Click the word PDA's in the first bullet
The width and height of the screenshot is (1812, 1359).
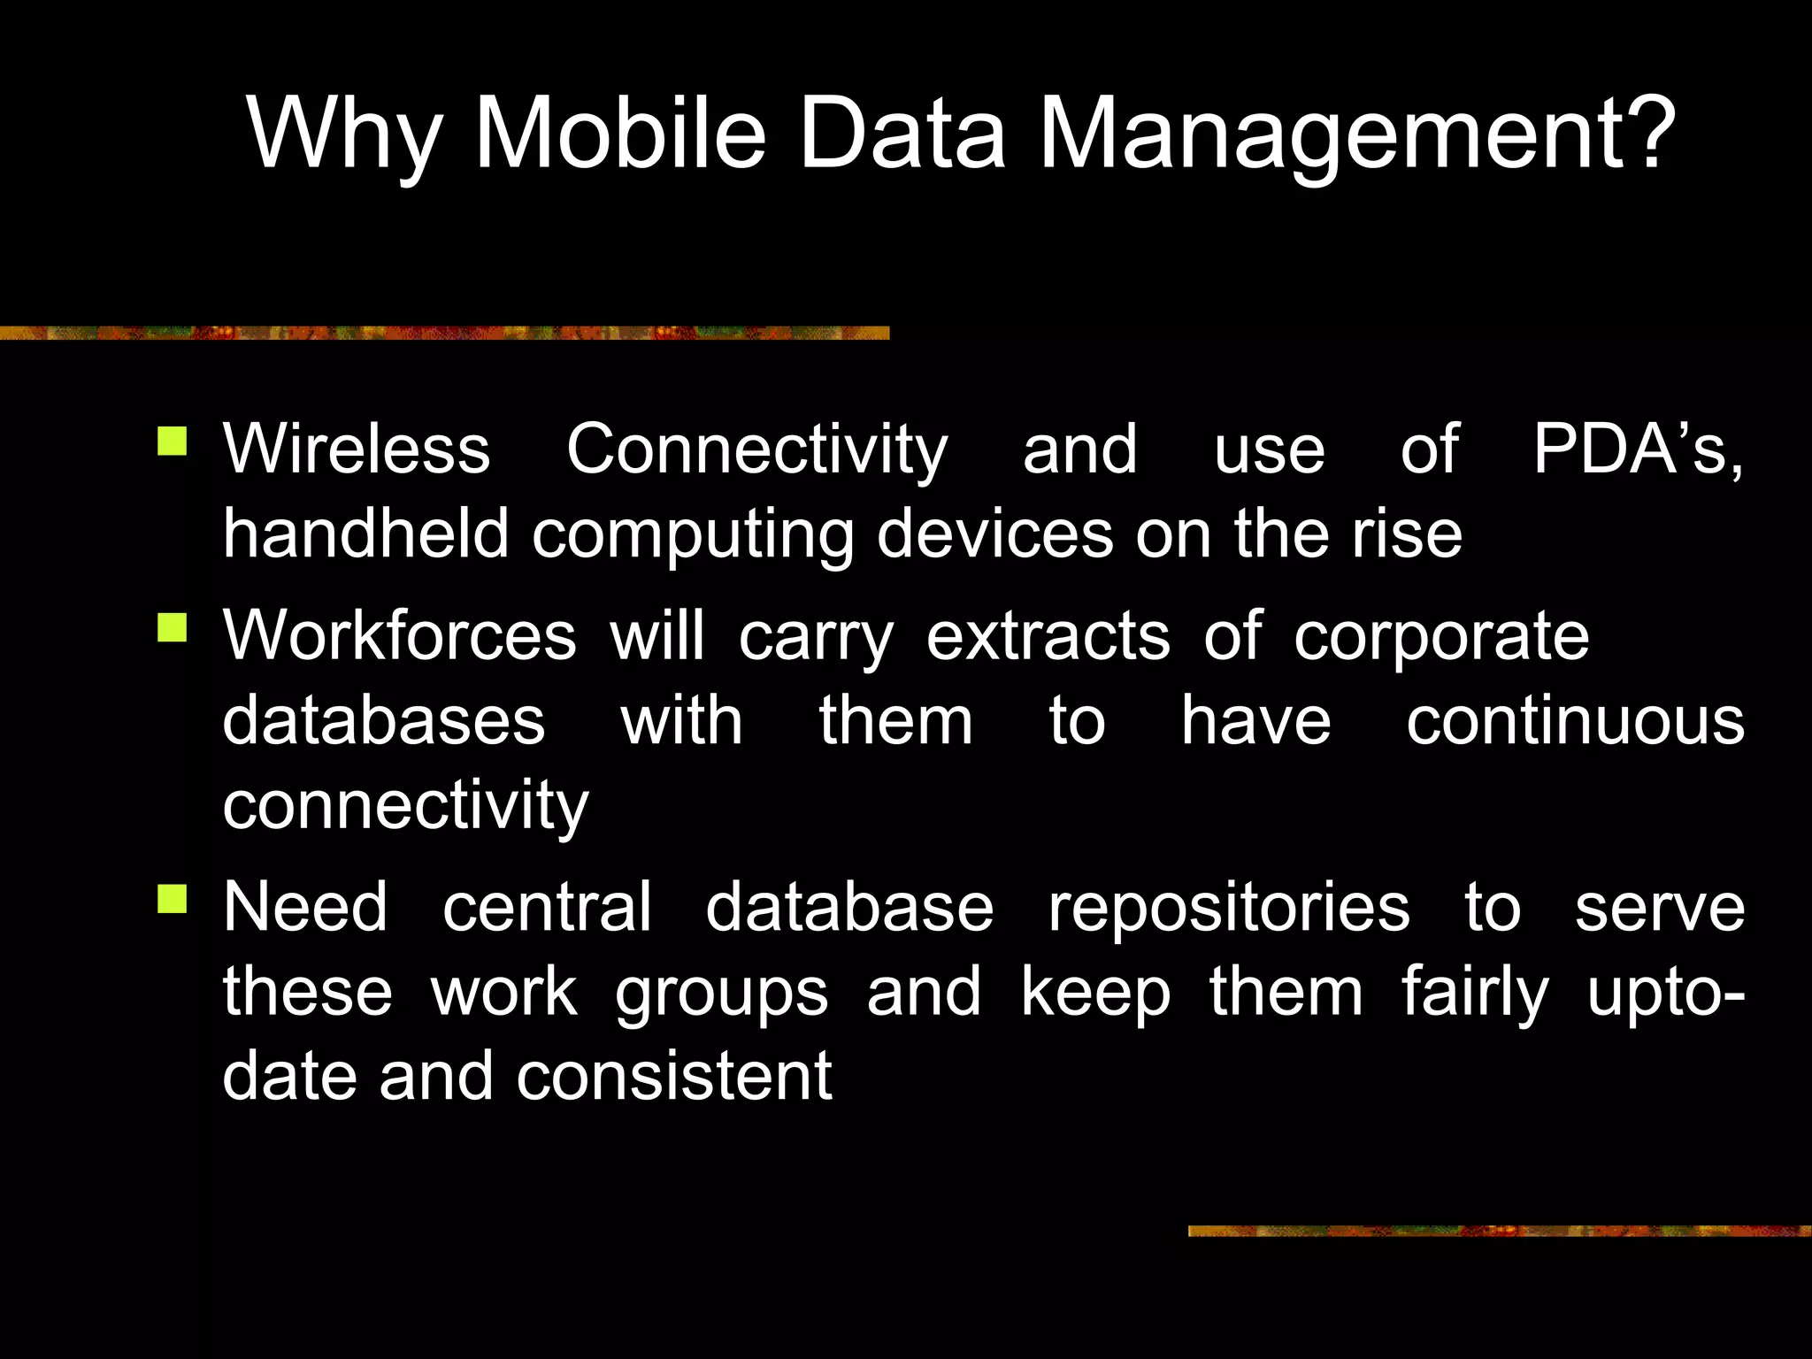[1637, 449]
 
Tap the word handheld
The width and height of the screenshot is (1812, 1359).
[365, 534]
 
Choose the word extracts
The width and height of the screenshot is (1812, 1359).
[1048, 635]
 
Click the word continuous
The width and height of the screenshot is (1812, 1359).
[1575, 720]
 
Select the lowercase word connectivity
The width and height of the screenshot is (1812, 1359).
[405, 807]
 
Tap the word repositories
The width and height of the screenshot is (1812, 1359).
[1228, 908]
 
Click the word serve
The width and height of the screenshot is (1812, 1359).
[1659, 908]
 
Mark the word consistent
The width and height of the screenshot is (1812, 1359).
[673, 1076]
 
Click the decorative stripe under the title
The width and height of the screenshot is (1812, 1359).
[442, 333]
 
